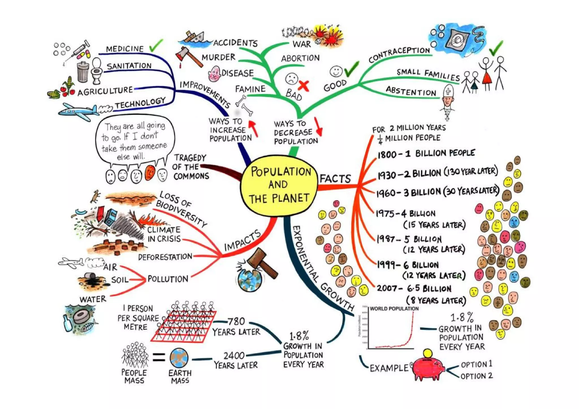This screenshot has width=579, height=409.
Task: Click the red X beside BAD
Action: click(303, 85)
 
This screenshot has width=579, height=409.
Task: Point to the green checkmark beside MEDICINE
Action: click(156, 46)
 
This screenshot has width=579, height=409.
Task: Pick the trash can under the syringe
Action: click(83, 72)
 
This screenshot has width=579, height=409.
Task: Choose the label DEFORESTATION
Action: click(165, 257)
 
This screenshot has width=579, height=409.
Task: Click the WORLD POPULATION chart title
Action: click(394, 309)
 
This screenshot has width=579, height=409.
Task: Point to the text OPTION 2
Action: click(477, 376)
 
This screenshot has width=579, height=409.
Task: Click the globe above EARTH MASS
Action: click(179, 358)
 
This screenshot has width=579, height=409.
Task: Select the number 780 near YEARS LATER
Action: click(236, 321)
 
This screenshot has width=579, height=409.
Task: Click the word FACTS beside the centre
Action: click(335, 179)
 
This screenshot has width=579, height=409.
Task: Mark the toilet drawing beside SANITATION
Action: click(97, 71)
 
